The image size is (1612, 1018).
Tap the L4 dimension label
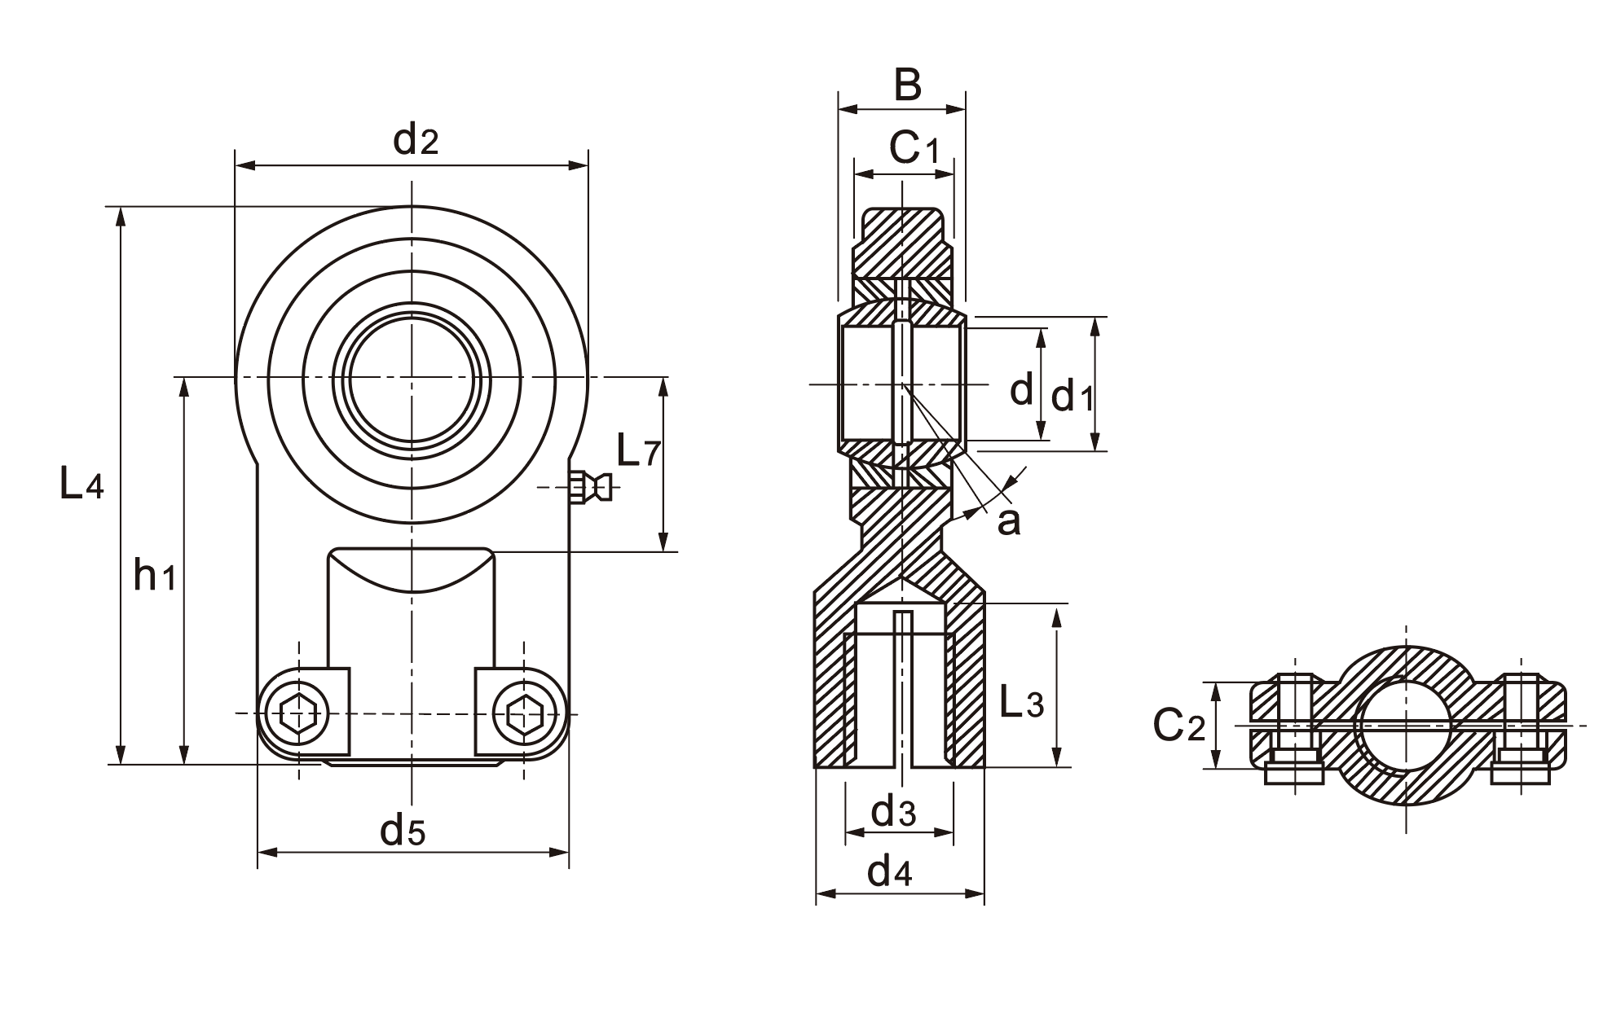coord(81,485)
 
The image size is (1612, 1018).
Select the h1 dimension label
coord(155,577)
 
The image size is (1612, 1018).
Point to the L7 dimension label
coord(637,451)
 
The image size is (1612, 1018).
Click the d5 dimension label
coord(403,831)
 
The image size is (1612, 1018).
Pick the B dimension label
coord(907,85)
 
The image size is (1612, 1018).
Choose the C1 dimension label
coord(914,148)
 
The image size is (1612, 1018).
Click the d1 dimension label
coord(1072,397)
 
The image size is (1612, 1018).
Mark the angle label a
coord(1008,522)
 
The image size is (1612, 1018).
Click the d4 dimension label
coord(889,872)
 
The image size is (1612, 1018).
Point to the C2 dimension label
coord(1178,724)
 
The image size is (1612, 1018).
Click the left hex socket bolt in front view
coord(298,714)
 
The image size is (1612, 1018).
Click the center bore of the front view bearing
coord(412,378)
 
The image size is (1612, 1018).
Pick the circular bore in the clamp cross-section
coord(1406,725)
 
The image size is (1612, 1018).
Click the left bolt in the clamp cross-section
coord(1294,727)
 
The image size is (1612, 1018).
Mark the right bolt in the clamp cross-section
coord(1521,727)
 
